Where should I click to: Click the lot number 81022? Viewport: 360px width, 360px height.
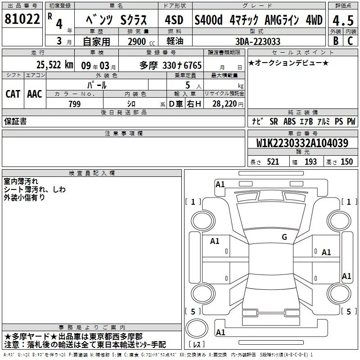click(x=22, y=19)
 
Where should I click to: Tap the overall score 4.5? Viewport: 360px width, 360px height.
click(x=343, y=20)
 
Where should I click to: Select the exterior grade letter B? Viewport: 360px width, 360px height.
click(x=336, y=41)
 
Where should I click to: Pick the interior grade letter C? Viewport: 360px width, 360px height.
click(x=350, y=41)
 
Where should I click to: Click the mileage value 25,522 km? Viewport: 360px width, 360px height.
click(x=55, y=65)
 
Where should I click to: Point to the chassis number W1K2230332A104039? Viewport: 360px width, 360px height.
click(x=302, y=143)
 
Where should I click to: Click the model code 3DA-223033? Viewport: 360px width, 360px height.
click(x=258, y=41)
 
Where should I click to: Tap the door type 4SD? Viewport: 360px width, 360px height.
click(x=174, y=20)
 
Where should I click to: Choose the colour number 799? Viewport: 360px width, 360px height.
click(x=75, y=104)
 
